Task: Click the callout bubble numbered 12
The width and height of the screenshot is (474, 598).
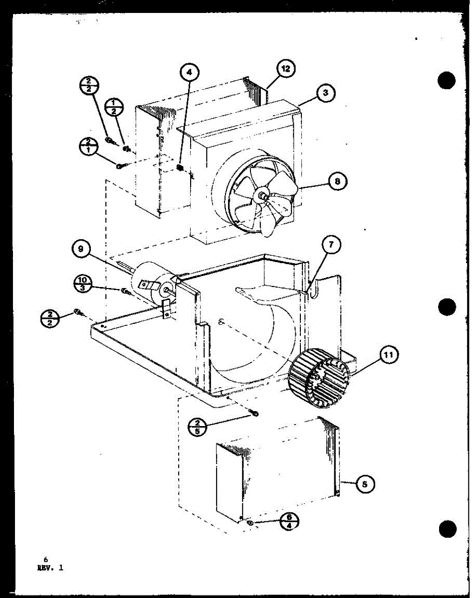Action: [285, 69]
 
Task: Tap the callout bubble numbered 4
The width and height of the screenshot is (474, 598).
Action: [189, 73]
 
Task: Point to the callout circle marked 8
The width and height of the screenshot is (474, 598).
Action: [337, 181]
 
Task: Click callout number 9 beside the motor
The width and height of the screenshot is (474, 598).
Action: [80, 248]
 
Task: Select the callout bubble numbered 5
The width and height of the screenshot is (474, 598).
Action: [366, 483]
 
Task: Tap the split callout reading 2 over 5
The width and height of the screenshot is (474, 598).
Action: [198, 427]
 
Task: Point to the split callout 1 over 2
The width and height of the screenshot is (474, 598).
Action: [114, 106]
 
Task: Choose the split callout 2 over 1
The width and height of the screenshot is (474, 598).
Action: [89, 147]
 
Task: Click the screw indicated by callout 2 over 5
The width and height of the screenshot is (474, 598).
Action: [255, 413]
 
